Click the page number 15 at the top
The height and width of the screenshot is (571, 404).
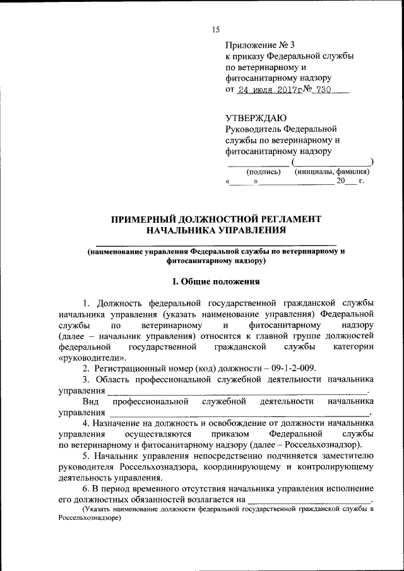pos(215,30)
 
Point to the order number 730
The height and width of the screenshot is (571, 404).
pos(333,90)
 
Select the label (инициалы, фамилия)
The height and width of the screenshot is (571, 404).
pos(331,172)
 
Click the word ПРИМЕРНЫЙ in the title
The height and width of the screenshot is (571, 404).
pos(143,219)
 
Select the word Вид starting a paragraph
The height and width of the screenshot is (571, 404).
pos(90,401)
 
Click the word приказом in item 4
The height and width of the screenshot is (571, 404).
pos(237,435)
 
